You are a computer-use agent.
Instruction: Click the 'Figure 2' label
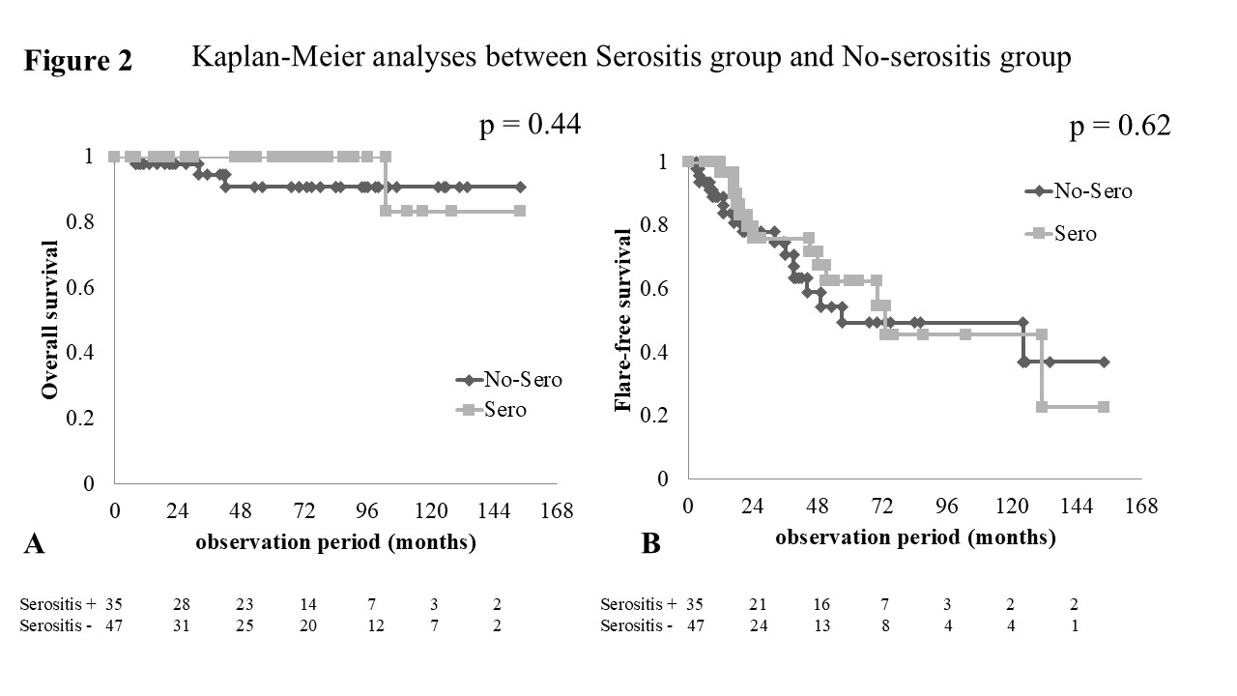[x=77, y=61]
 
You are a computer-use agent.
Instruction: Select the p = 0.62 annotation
[x=1120, y=127]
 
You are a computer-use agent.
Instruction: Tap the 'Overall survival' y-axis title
[x=48, y=318]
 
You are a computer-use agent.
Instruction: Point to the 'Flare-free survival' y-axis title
[x=623, y=320]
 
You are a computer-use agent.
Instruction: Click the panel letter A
[x=34, y=545]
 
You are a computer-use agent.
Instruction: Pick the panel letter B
[x=651, y=545]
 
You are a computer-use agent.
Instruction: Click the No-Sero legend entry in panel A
[x=508, y=379]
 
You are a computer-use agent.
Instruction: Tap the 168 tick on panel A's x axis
[x=558, y=510]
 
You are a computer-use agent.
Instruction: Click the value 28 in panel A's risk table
[x=182, y=605]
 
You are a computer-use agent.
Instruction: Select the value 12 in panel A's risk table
[x=375, y=625]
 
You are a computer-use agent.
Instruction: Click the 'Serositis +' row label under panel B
[x=638, y=605]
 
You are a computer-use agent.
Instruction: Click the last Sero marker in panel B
[x=1103, y=407]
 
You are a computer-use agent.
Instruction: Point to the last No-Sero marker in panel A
[x=520, y=187]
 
